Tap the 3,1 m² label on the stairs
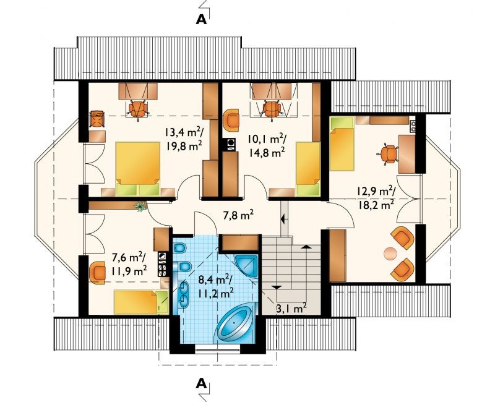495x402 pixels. point(291,308)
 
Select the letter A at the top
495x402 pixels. point(202,20)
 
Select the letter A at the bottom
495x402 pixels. point(202,383)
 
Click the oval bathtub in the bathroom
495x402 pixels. point(235,323)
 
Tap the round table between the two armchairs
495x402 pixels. point(390,254)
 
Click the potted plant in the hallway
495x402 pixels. point(140,206)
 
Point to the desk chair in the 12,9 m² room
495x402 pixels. point(388,154)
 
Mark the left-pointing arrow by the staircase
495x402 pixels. point(283,218)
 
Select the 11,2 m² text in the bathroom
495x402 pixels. point(216,293)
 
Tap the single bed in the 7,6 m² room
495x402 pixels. point(141,302)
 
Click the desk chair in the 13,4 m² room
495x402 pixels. point(138,109)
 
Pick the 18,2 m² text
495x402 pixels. point(376,205)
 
